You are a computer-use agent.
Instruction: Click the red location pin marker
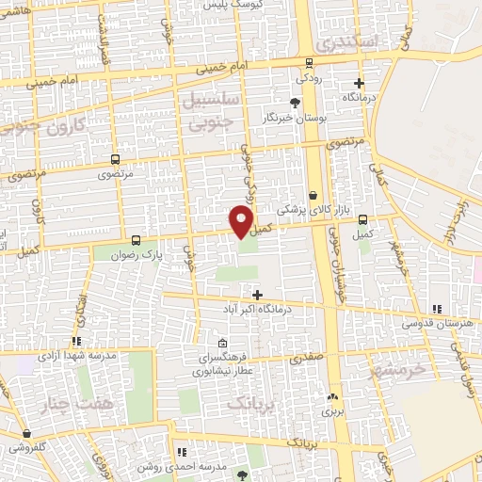tap(241, 222)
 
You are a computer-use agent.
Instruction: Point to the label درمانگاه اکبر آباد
tap(258, 309)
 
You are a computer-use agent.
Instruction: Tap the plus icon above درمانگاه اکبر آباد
tap(258, 294)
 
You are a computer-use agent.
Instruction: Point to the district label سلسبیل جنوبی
tap(216, 110)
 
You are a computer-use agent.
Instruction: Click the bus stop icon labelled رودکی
tap(310, 64)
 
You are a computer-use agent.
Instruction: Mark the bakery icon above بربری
tap(331, 397)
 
